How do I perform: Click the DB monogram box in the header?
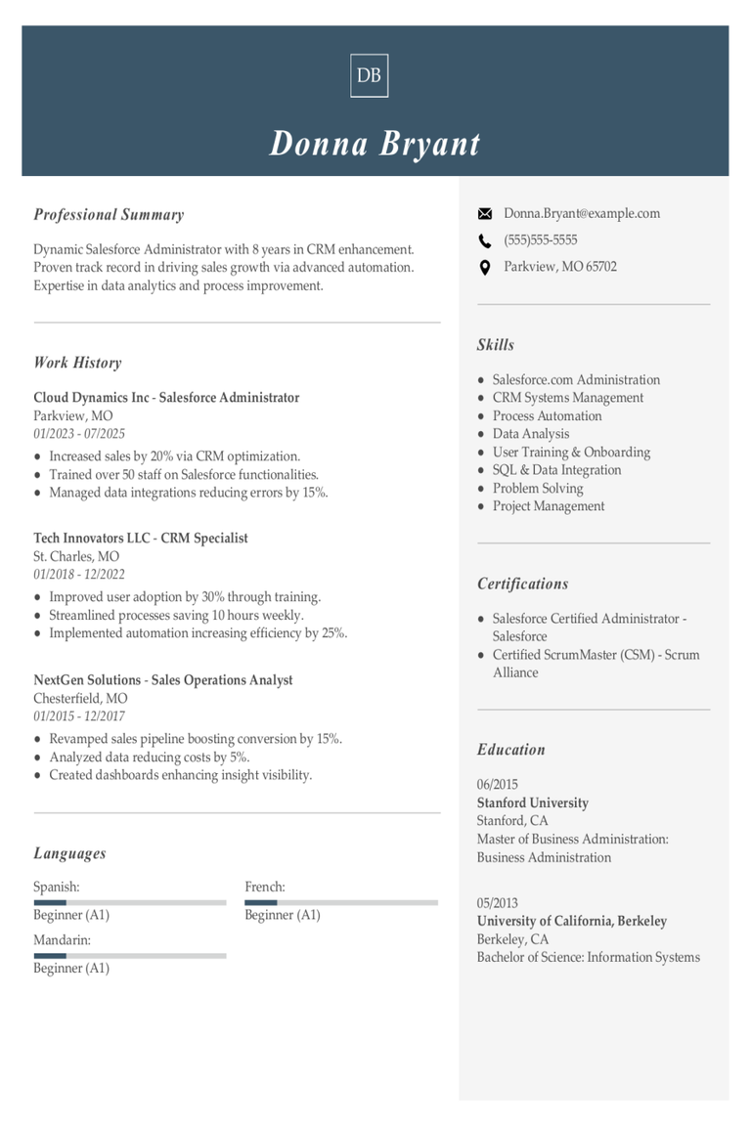tap(369, 75)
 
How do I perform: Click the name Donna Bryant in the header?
tap(375, 144)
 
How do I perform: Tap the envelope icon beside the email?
tap(484, 214)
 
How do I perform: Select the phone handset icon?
tap(484, 240)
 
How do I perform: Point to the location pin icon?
tap(484, 267)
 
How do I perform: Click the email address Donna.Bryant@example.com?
tap(582, 213)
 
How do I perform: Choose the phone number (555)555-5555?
tap(541, 239)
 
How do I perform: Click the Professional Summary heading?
tap(109, 215)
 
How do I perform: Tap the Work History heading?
tap(77, 363)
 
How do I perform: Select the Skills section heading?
tap(495, 345)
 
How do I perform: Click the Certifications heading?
tap(522, 584)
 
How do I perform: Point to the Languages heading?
tap(69, 853)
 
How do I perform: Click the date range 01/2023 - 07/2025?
tap(79, 434)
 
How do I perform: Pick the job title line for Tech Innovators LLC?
tap(141, 539)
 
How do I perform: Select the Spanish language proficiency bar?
tap(129, 902)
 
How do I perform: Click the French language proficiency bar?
tap(340, 902)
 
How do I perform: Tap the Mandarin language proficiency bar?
tap(129, 955)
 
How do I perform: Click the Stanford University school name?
tap(533, 802)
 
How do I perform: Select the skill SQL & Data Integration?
tap(556, 470)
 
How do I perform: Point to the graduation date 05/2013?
tap(498, 903)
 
